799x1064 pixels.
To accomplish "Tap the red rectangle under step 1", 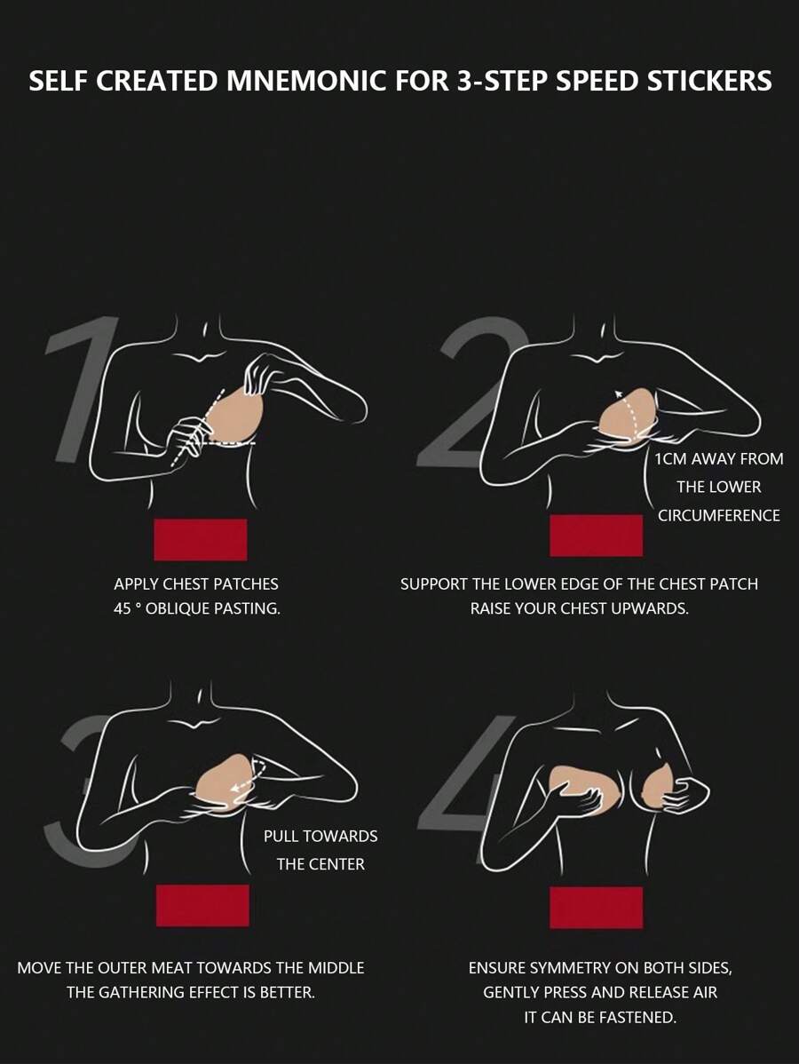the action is tap(200, 539).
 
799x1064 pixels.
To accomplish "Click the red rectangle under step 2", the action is tap(597, 536).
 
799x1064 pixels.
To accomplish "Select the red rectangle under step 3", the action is tap(202, 905).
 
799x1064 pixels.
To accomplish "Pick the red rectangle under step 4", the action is tap(597, 908).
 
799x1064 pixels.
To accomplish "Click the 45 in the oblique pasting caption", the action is tap(123, 608).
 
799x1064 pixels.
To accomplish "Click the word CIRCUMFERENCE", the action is tap(719, 516).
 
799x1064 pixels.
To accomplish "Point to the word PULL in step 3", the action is tap(281, 836).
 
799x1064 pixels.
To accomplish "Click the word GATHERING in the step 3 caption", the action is tap(142, 992).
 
